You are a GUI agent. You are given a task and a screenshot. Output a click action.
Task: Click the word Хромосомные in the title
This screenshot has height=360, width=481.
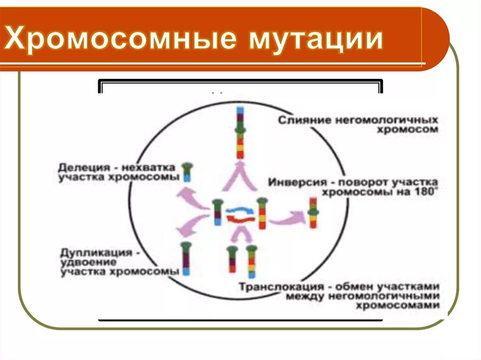[x=120, y=39]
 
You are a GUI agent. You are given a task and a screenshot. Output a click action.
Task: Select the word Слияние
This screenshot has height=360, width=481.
[x=304, y=120]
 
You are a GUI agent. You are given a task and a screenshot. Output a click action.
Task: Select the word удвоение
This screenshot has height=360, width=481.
[x=85, y=262]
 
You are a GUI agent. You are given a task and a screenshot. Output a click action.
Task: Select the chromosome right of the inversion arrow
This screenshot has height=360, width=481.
[x=313, y=213]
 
